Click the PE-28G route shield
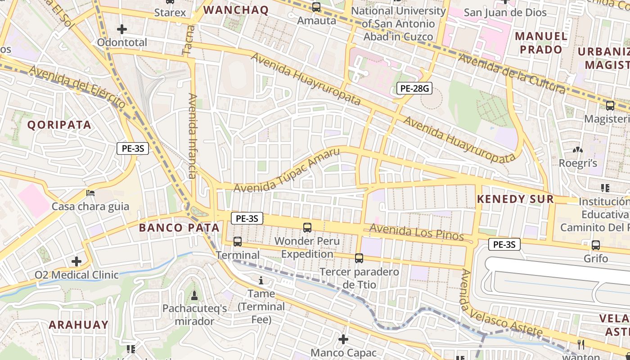coord(414,88)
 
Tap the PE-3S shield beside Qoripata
coord(133,148)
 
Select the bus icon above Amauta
coord(316,7)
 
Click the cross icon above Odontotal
coord(121,29)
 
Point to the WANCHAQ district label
coord(236,10)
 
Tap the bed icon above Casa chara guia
coord(90,193)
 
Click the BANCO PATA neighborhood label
coord(179,228)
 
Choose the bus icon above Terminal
coord(238,242)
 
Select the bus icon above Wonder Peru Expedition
coord(307,228)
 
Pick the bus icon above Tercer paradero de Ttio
coord(359,258)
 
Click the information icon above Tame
coord(261,281)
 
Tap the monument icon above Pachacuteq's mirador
coord(194,295)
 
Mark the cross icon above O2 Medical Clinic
coord(76,261)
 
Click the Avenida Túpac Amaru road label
coord(287,170)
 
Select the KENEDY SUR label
coord(515,199)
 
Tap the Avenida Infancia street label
coord(193,136)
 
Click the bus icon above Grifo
coord(596,245)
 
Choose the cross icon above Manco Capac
coord(343,339)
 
